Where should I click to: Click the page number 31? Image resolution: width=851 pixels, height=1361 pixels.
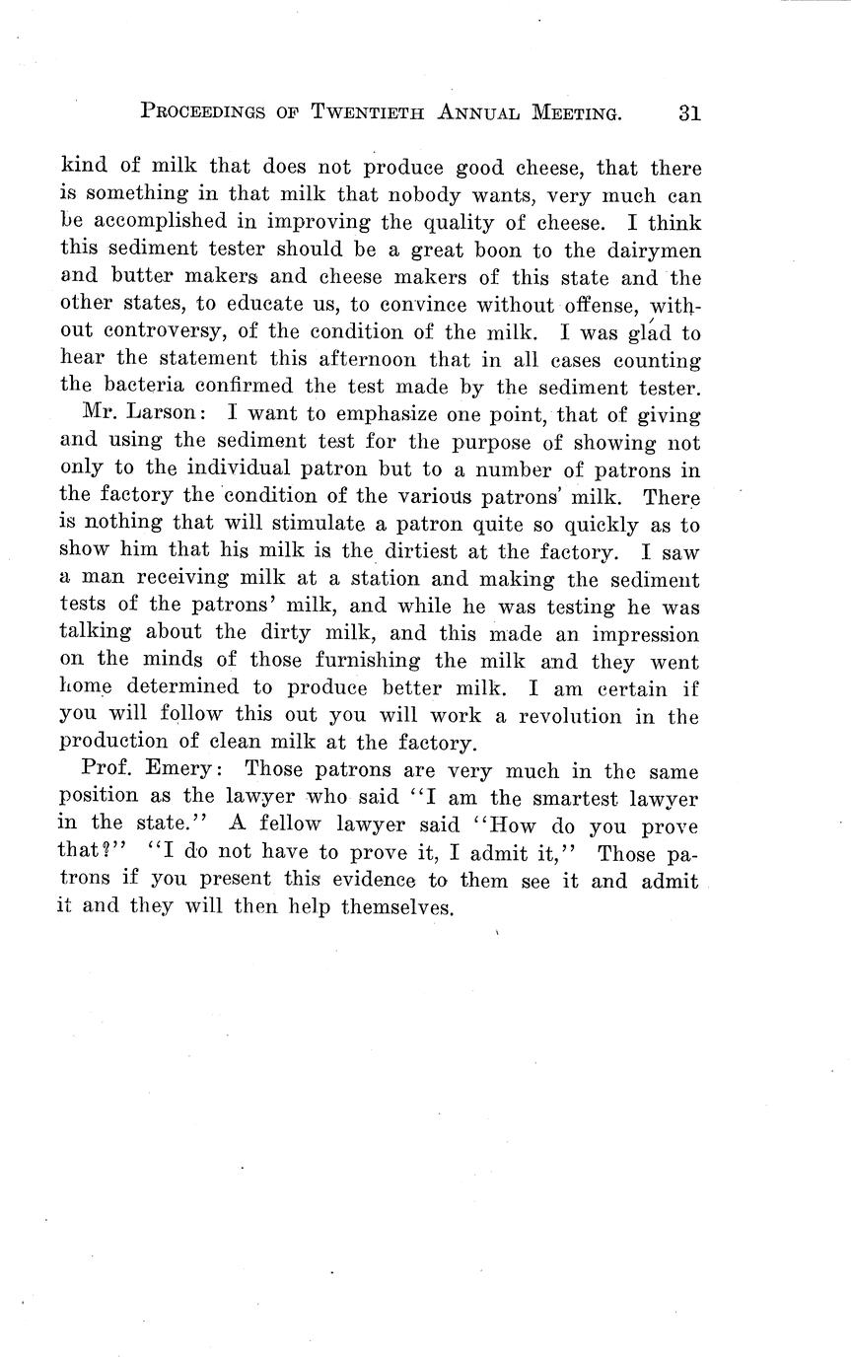tap(688, 112)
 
